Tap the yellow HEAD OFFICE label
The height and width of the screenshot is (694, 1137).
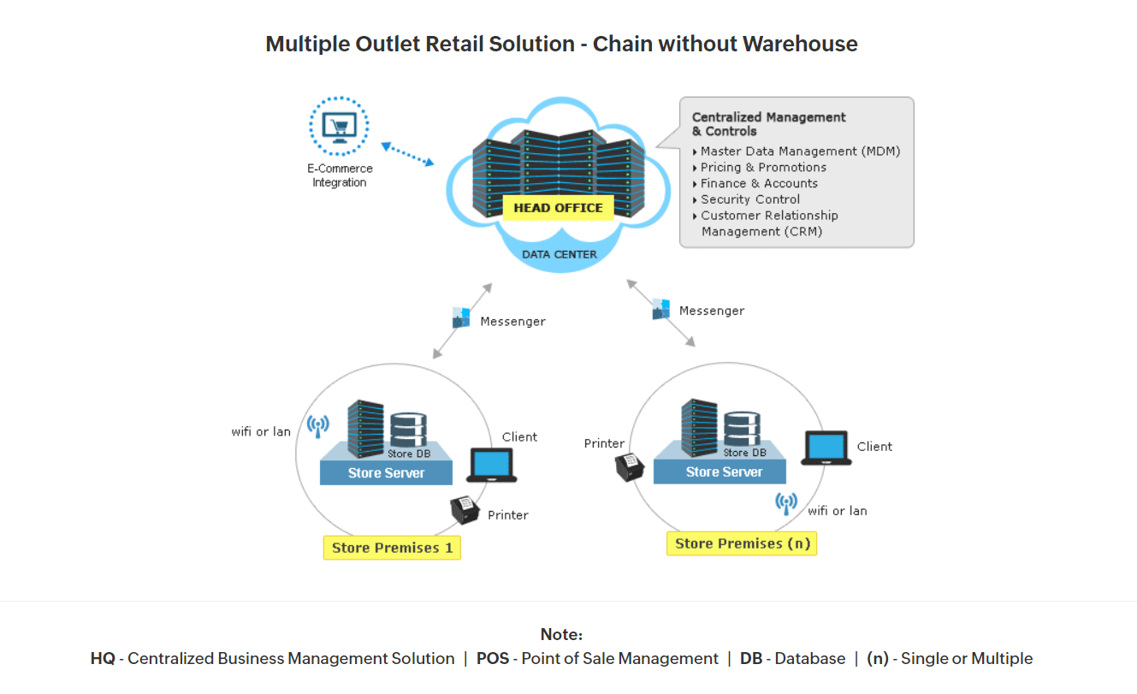point(558,208)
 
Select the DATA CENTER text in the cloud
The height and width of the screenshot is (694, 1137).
point(560,254)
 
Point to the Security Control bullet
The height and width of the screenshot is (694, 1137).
point(750,199)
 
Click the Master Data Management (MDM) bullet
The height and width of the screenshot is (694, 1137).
point(800,151)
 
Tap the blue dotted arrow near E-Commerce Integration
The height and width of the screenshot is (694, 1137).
point(407,154)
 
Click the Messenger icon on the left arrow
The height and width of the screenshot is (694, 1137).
point(461,317)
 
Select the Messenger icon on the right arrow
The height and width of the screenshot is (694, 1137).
point(660,309)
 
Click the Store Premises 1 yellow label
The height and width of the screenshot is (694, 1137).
point(392,548)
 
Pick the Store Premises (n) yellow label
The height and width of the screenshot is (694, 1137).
point(742,543)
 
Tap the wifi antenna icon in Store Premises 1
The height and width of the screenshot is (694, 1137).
point(317,425)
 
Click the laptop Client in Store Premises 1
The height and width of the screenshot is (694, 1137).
point(492,466)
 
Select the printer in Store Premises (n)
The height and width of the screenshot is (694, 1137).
point(631,466)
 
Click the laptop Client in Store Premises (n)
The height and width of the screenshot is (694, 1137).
point(826,448)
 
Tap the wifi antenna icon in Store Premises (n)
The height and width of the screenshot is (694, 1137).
point(786,502)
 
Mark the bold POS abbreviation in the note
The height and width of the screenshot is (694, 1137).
point(493,659)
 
